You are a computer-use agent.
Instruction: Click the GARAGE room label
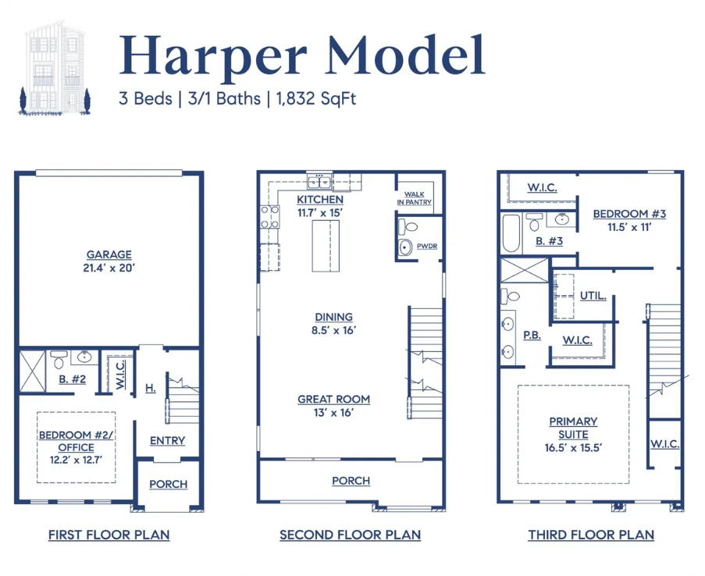tap(109, 254)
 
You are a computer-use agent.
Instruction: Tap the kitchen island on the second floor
tap(326, 246)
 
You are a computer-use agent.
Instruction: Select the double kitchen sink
tap(319, 182)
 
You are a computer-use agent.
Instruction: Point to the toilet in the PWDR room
tap(408, 227)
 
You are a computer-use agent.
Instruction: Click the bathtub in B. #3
tap(511, 233)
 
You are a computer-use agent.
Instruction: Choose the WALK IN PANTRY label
tap(414, 198)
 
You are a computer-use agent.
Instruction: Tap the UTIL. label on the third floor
tap(593, 296)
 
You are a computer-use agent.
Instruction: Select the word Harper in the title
tap(212, 57)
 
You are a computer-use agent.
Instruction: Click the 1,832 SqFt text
tap(316, 98)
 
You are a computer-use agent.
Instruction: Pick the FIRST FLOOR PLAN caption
tap(109, 535)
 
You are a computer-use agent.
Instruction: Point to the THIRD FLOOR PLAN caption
tap(591, 535)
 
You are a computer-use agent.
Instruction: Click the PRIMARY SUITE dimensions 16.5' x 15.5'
tap(573, 448)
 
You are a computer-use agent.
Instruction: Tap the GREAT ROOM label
tap(333, 400)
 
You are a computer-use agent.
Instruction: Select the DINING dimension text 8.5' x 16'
tap(333, 330)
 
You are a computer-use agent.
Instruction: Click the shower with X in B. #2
tap(32, 372)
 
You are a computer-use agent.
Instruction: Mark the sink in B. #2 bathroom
tap(84, 357)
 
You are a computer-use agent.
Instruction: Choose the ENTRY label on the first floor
tap(167, 441)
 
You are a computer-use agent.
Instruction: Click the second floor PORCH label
tap(351, 481)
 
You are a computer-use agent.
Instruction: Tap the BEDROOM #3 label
tap(629, 214)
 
